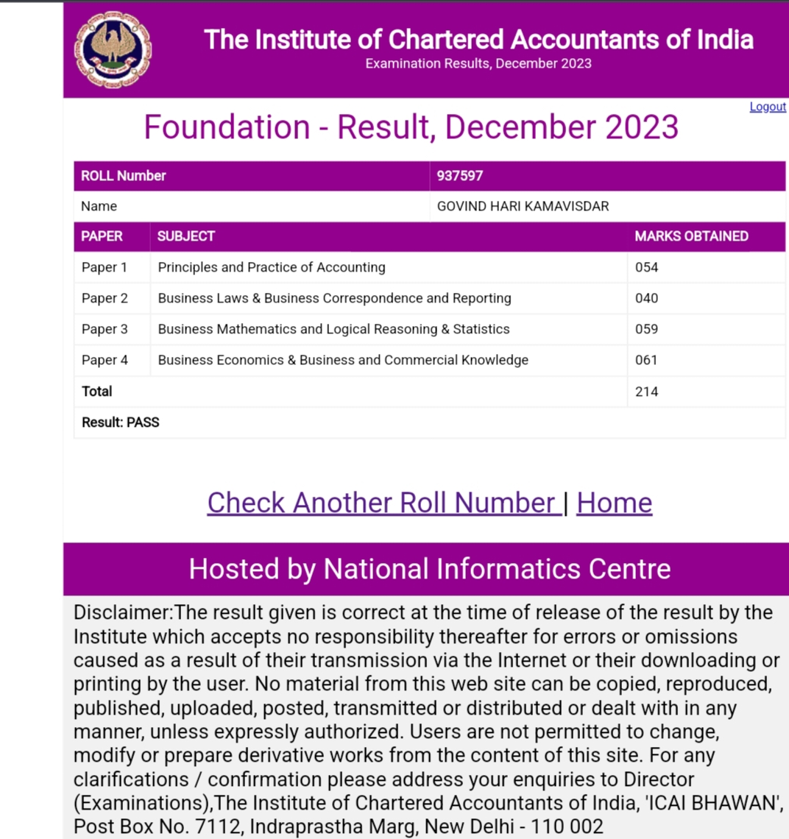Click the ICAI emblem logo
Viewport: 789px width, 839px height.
click(113, 50)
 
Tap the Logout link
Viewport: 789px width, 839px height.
click(768, 107)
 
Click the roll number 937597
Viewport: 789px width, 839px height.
click(460, 176)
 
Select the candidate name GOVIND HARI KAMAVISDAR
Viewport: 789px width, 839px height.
click(523, 207)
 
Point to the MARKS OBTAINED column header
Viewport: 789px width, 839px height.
click(691, 236)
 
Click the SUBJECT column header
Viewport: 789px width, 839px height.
click(186, 236)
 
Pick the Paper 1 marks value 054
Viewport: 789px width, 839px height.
click(647, 267)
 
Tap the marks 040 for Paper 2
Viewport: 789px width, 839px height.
click(647, 298)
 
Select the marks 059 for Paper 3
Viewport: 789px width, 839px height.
click(647, 329)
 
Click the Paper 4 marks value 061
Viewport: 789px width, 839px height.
click(647, 360)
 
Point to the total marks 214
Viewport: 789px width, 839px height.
click(647, 392)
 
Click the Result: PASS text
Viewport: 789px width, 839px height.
click(121, 422)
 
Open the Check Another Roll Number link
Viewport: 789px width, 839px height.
click(381, 503)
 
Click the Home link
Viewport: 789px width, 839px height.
click(614, 503)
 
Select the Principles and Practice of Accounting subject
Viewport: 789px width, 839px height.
click(272, 267)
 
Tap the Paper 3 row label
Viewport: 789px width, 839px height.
click(105, 329)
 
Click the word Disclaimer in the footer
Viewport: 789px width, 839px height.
click(121, 613)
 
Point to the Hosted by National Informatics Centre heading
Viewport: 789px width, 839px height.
click(430, 569)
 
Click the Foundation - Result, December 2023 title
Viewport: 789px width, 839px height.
click(411, 127)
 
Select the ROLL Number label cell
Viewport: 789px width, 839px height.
click(124, 176)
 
